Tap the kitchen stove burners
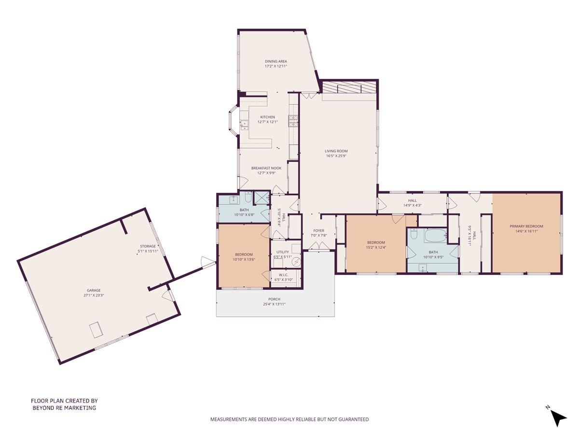(292, 121)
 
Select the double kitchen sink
(245, 125)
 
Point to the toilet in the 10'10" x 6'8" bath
(247, 198)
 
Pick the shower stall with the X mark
(262, 198)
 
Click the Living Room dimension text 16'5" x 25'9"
(336, 156)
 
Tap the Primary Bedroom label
(526, 226)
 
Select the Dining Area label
(276, 61)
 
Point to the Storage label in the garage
(148, 246)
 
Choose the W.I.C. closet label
(283, 275)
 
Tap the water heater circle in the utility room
(296, 261)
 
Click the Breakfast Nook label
(266, 168)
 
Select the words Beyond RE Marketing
(64, 407)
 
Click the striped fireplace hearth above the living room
(349, 88)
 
